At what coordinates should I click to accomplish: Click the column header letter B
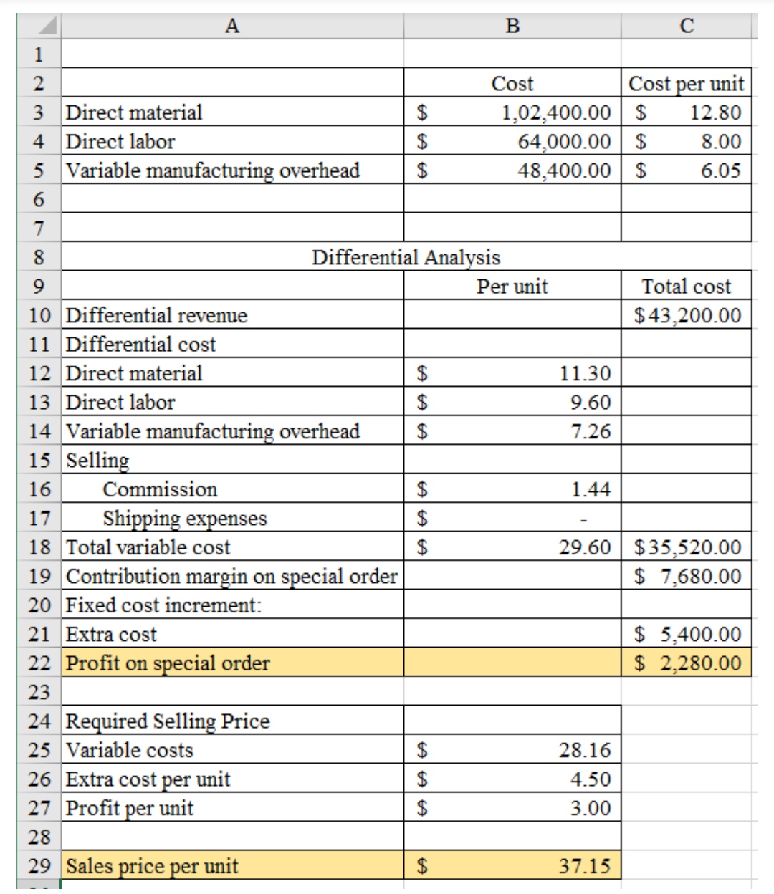click(x=512, y=26)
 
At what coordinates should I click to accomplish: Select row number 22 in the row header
click(x=39, y=663)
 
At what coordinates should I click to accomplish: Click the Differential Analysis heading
click(x=406, y=257)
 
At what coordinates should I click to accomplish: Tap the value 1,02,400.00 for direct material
click(x=555, y=112)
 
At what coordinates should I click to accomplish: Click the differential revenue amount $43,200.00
click(x=687, y=315)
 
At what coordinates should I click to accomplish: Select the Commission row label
click(x=160, y=489)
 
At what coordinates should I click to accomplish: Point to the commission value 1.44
click(x=591, y=489)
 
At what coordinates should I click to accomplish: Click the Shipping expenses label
click(x=184, y=518)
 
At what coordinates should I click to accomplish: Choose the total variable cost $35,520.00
click(x=687, y=547)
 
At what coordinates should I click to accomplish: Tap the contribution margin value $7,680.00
click(x=687, y=576)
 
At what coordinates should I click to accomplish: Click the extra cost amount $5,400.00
click(x=687, y=634)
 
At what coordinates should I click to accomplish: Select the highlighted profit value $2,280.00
click(x=687, y=663)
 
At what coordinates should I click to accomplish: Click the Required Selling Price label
click(x=168, y=721)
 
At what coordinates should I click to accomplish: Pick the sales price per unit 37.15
click(x=585, y=866)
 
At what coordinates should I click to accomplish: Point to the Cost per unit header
click(x=686, y=84)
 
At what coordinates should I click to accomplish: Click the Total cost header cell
click(x=686, y=287)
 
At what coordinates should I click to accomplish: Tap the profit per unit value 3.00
click(x=591, y=808)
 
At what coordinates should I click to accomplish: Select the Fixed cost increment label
click(x=163, y=605)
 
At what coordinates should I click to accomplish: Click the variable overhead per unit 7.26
click(x=591, y=431)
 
